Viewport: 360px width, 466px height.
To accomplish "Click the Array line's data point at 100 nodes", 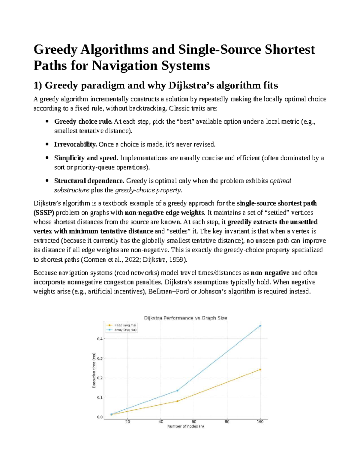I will [x=260, y=326].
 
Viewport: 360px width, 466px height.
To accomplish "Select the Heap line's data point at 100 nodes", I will [x=260, y=370].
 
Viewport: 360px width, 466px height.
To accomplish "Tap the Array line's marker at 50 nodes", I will [x=177, y=390].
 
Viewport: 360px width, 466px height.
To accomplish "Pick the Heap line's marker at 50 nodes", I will [x=177, y=401].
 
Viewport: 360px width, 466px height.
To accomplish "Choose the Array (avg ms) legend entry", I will [x=121, y=330].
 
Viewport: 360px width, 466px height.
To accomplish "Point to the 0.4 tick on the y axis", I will [x=100, y=339].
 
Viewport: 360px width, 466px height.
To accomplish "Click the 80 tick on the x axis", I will [x=227, y=422].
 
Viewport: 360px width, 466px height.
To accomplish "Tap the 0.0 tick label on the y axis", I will [x=100, y=417].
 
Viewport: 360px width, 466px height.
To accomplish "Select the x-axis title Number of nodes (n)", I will [x=185, y=426].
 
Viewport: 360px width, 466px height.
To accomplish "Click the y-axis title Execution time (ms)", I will [x=94, y=370].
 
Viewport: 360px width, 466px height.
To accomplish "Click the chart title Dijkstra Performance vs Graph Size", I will [x=185, y=318].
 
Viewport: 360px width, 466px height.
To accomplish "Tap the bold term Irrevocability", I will [x=75, y=144].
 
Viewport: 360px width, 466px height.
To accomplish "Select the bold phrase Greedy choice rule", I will [x=83, y=122].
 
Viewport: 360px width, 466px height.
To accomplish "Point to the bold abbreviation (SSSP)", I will [x=43, y=213].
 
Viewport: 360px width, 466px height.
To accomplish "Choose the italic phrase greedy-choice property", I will [x=148, y=190].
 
